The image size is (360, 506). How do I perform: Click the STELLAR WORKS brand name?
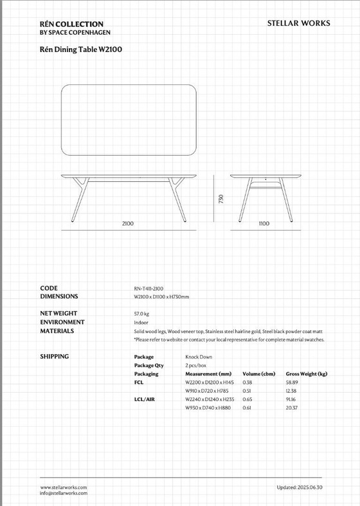[298, 23]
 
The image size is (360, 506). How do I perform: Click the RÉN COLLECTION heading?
[71, 24]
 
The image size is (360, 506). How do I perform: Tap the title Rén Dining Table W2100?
[80, 48]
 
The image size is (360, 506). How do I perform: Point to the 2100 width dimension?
[128, 223]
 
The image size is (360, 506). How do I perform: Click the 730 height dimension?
[221, 199]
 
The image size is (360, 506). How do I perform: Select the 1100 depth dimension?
[264, 223]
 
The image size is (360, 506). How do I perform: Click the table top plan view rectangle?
[128, 120]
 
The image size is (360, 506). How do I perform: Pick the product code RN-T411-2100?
[148, 289]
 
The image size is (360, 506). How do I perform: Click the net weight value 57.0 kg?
[141, 314]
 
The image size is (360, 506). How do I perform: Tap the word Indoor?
[141, 322]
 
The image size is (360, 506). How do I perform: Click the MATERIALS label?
[57, 331]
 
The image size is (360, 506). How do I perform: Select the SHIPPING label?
[55, 356]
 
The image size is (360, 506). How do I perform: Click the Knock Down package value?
[199, 357]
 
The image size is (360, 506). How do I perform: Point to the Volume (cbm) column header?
[258, 374]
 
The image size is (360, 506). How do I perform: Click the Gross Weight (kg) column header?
[306, 374]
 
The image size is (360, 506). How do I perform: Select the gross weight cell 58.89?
[292, 382]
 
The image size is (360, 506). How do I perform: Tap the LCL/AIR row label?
[144, 399]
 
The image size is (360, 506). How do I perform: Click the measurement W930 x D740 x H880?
[208, 408]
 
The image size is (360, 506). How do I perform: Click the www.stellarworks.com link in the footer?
[63, 488]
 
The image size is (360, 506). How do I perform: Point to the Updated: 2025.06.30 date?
[299, 488]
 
